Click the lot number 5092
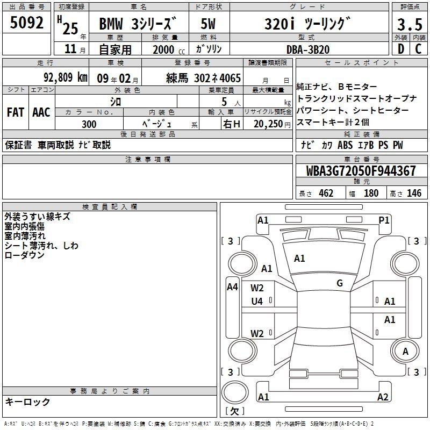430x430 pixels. (x=26, y=23)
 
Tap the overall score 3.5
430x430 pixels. (x=410, y=24)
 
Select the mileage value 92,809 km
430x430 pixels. (x=66, y=77)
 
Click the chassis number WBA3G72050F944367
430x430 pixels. (x=361, y=171)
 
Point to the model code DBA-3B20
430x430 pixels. (x=307, y=49)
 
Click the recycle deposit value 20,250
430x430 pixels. (x=268, y=124)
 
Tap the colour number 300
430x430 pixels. (x=89, y=124)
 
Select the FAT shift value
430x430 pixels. (x=16, y=112)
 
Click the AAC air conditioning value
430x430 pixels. (x=41, y=112)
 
